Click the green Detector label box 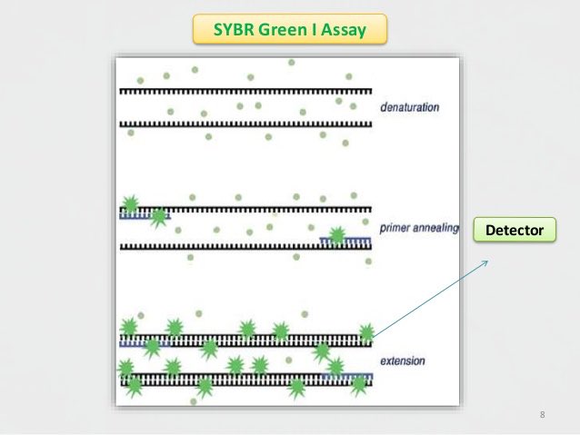click(x=514, y=231)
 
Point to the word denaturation click(x=409, y=107)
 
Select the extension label click(x=403, y=361)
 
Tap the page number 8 click(x=543, y=416)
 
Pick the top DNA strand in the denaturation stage click(x=245, y=92)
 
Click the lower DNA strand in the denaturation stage click(x=245, y=124)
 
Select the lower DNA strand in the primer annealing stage click(x=245, y=246)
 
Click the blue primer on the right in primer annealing click(x=345, y=241)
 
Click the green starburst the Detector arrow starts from click(x=365, y=333)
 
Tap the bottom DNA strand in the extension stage click(x=245, y=376)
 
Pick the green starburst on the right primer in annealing click(x=337, y=236)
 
